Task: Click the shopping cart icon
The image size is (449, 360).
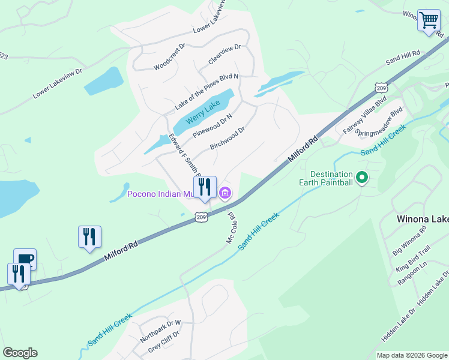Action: click(x=429, y=20)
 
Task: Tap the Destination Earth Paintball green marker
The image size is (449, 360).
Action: click(x=362, y=178)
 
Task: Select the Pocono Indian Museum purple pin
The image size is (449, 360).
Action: click(x=225, y=193)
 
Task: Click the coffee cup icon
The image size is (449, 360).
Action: click(x=25, y=259)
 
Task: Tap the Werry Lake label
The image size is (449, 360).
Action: click(x=203, y=112)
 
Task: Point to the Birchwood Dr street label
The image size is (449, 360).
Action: click(x=228, y=137)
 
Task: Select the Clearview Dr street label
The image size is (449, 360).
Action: click(x=224, y=54)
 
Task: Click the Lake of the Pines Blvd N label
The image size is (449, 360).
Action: click(x=206, y=92)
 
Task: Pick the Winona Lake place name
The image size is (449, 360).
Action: click(x=423, y=219)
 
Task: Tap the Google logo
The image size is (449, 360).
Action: click(x=20, y=353)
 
